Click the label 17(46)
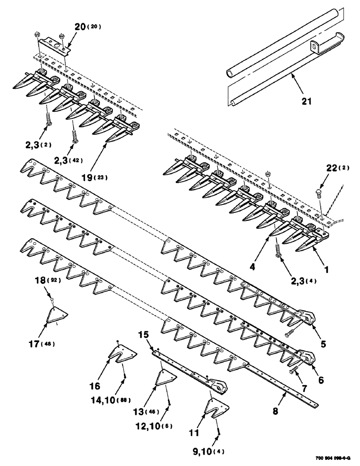(x=42, y=344)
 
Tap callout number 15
(x=144, y=334)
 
